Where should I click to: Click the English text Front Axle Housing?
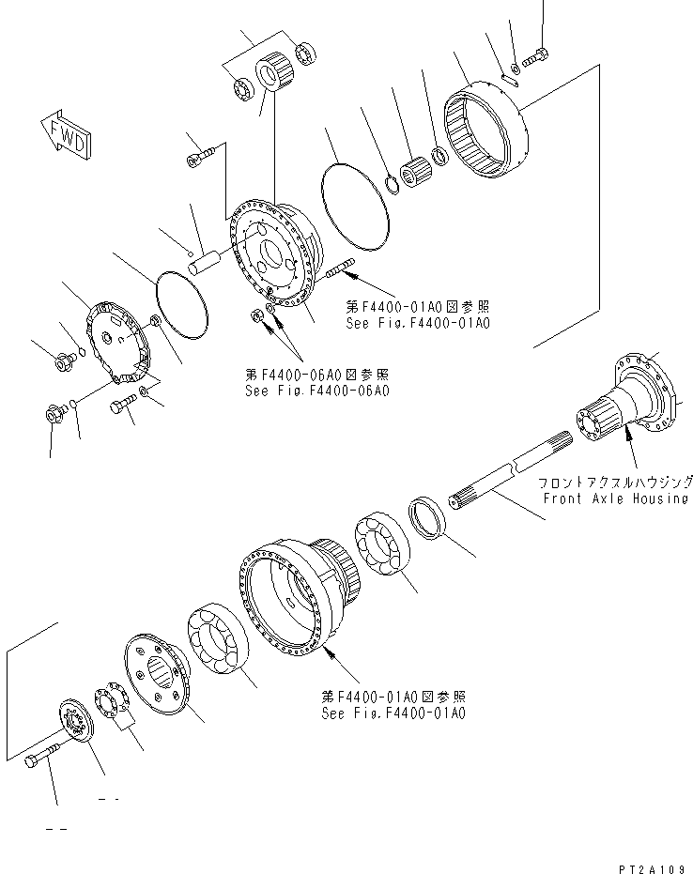pos(615,498)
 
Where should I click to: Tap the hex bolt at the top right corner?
pos(534,59)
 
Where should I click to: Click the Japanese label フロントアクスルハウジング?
pos(615,481)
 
